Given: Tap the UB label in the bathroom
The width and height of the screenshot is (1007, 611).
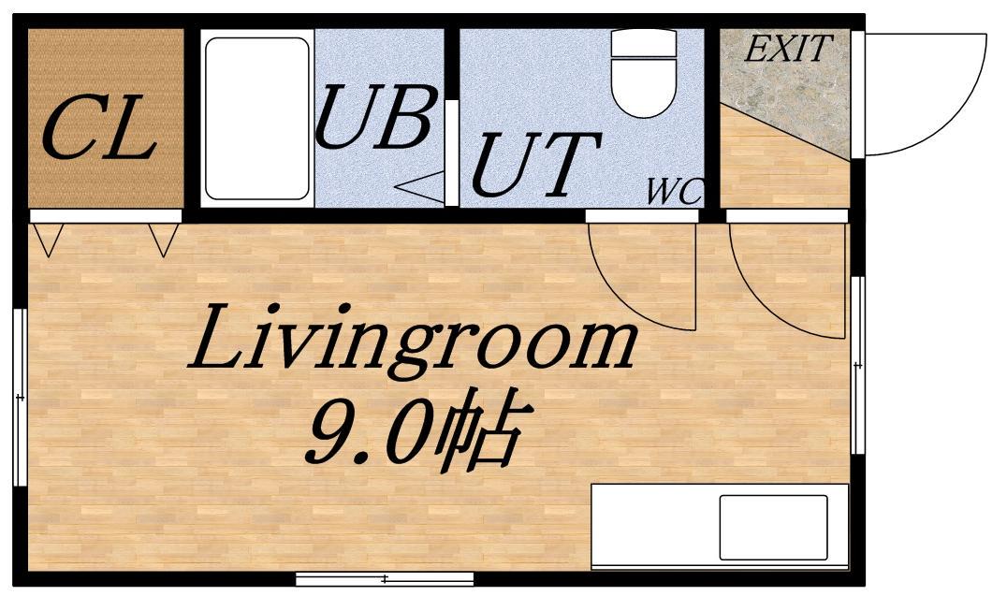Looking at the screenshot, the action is click(373, 116).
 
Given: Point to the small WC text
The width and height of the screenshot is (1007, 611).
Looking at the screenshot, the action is click(675, 191).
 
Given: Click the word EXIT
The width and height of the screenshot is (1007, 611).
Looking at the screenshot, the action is click(789, 49).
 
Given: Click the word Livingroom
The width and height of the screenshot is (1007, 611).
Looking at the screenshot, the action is click(412, 337).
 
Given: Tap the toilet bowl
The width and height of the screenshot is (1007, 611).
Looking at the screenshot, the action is click(644, 74).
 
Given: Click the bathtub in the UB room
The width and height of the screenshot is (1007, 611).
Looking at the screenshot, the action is click(256, 119).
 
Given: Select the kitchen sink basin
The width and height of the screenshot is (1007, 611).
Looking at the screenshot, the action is click(773, 527).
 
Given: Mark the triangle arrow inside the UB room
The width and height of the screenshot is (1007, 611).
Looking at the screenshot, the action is click(420, 187).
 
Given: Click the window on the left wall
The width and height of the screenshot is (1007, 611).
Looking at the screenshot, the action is click(21, 398).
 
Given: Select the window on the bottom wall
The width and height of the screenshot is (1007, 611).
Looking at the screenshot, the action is click(385, 579).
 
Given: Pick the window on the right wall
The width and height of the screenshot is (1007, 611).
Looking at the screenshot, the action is click(857, 365).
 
